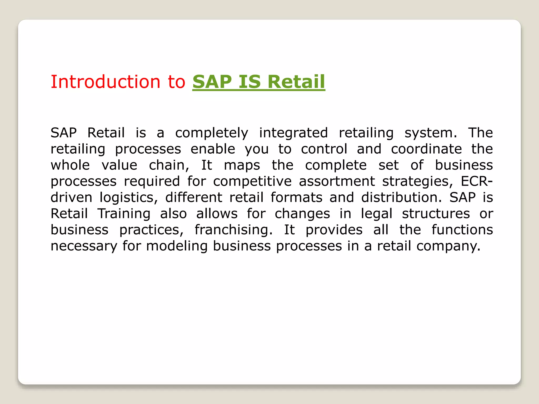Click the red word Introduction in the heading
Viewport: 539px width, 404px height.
(x=105, y=82)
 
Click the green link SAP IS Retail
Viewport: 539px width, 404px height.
(x=259, y=82)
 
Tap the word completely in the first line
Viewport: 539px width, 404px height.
(x=212, y=133)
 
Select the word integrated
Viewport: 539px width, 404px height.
(x=293, y=133)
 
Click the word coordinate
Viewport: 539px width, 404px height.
(x=426, y=149)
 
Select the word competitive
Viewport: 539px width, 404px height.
(x=252, y=181)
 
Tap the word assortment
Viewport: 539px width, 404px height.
(x=337, y=181)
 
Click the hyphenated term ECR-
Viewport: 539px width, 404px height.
(x=477, y=181)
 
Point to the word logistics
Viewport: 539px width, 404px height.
(x=128, y=198)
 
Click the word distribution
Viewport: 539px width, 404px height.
(x=401, y=197)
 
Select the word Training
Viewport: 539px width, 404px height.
(x=124, y=214)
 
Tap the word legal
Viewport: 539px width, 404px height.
(x=376, y=214)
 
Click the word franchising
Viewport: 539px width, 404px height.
(x=233, y=230)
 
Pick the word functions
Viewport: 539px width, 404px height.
(x=462, y=230)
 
